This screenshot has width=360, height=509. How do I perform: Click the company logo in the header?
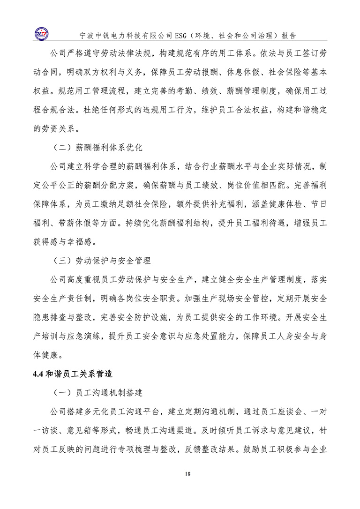click(x=45, y=33)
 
